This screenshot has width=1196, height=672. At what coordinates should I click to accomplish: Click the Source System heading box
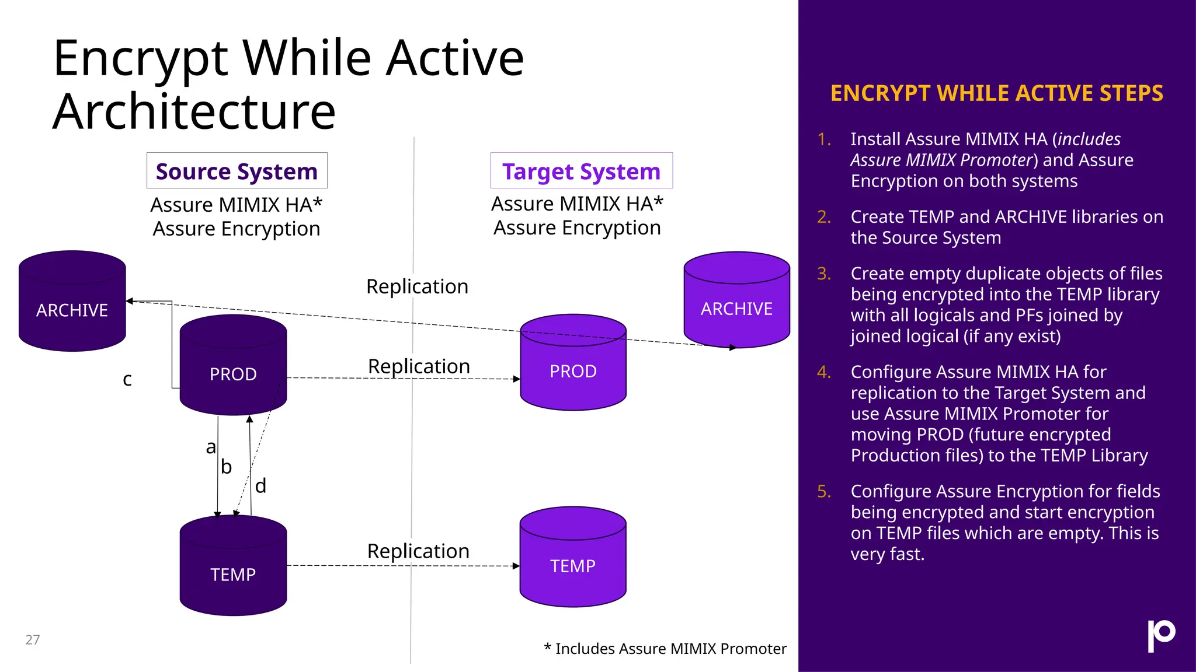237,171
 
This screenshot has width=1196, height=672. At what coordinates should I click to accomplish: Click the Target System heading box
581,171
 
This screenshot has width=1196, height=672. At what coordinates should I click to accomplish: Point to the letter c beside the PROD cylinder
127,380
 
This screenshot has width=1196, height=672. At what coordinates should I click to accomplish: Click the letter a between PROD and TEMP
211,447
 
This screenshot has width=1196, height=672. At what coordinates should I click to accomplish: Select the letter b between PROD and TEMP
227,467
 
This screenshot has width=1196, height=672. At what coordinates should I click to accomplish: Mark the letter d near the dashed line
261,485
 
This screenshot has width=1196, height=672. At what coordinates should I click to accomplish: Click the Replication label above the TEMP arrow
418,551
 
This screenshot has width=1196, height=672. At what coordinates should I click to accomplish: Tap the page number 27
33,640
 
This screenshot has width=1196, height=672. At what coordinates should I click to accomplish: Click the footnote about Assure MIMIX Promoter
665,649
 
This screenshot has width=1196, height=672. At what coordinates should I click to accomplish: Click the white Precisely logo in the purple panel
1161,635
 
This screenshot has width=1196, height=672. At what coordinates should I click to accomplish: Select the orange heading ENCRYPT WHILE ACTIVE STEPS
996,93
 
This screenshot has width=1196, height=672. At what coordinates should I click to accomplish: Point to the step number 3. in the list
824,273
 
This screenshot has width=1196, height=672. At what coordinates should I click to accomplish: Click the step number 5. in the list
824,491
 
